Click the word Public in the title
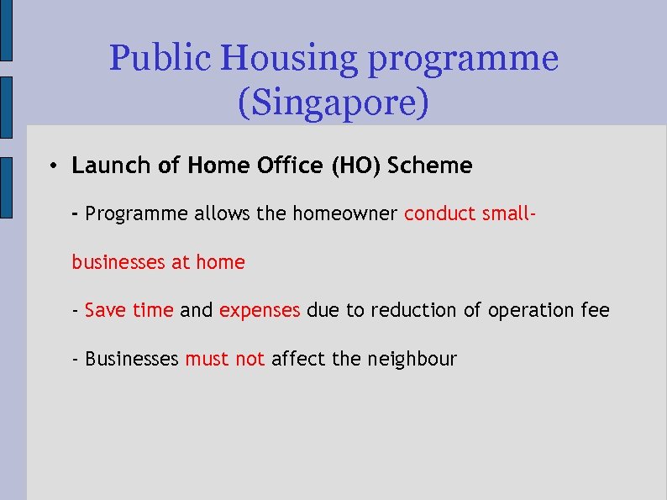tap(160, 59)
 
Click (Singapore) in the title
tap(333, 103)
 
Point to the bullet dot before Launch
tap(52, 166)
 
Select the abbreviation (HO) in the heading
tap(354, 166)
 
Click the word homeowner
tap(344, 213)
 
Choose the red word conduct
tap(440, 213)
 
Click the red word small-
tap(507, 213)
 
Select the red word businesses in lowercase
tap(118, 262)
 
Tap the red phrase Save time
tap(129, 310)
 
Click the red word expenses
tap(260, 311)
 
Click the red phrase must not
tap(225, 359)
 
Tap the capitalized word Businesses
tap(132, 359)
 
